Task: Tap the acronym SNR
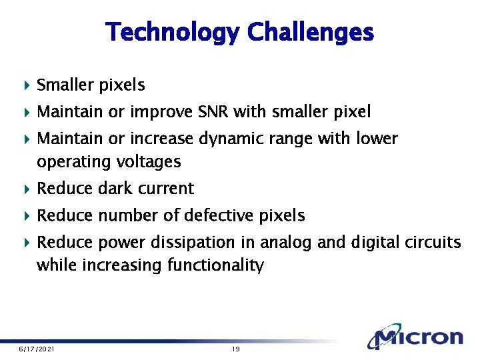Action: click(214, 112)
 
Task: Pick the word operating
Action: click(67, 162)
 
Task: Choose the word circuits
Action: click(433, 242)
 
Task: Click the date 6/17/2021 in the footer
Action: click(37, 349)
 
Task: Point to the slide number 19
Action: click(235, 349)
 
